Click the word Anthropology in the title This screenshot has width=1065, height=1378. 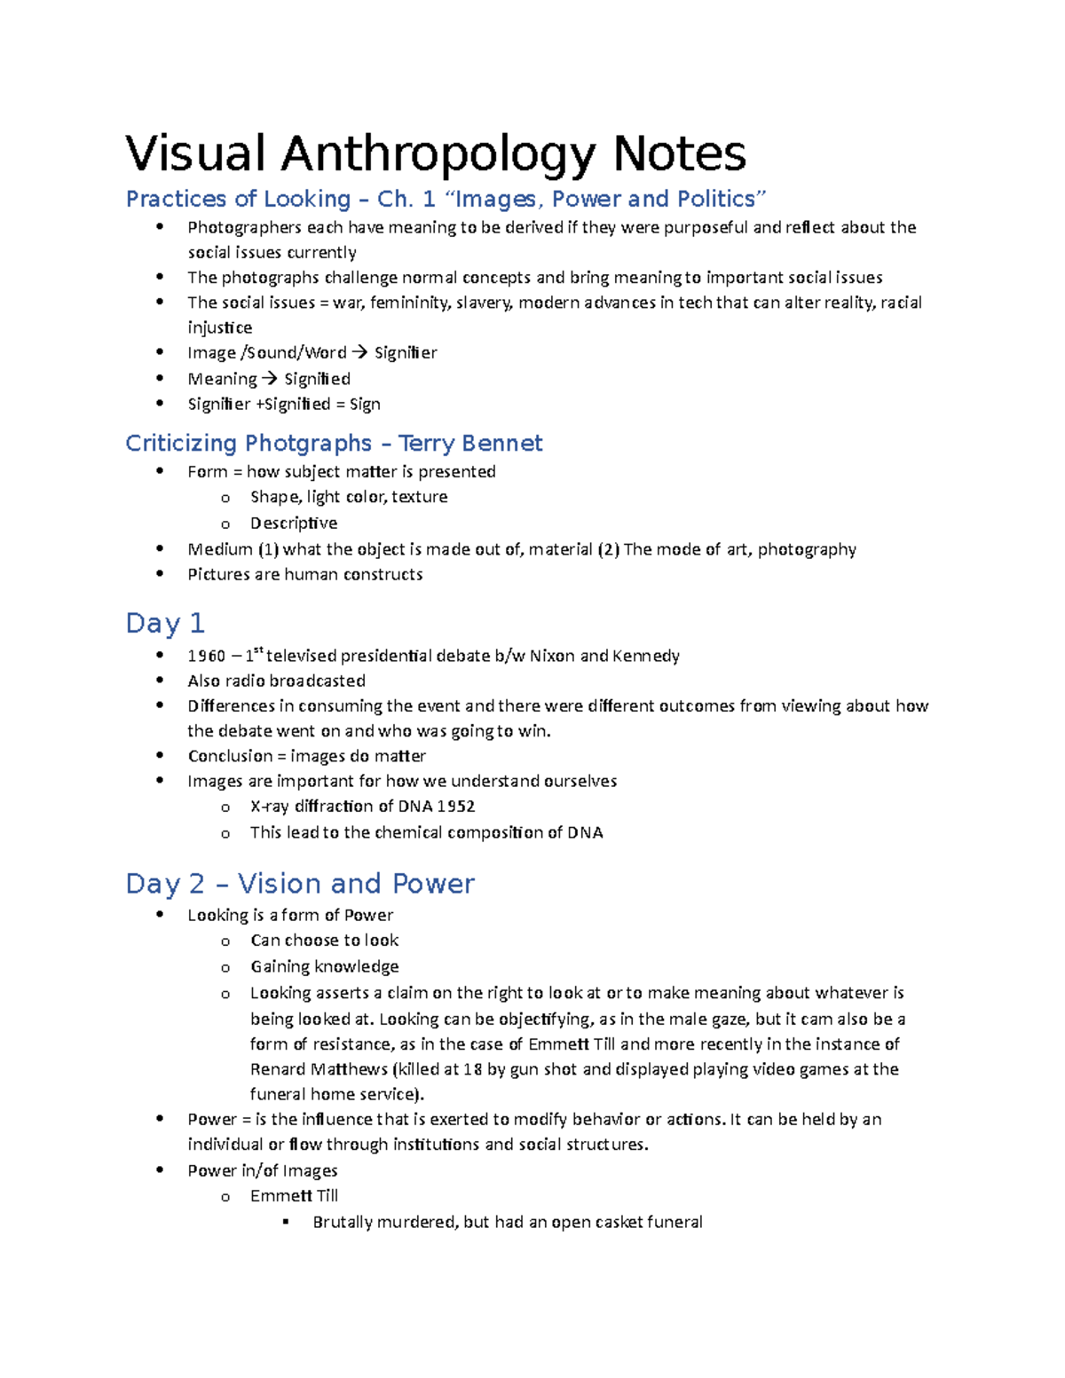(438, 154)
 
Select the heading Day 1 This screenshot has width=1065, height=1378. (165, 623)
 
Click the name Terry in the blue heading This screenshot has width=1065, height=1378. (430, 443)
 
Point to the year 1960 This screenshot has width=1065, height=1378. (207, 657)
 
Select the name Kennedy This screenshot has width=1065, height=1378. (646, 657)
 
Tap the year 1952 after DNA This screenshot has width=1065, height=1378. (455, 807)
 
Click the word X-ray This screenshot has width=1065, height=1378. (269, 807)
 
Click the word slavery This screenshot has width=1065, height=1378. (484, 303)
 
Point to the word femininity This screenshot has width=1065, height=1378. (409, 303)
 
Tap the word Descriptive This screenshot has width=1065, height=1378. (294, 524)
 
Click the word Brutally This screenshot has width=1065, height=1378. (342, 1223)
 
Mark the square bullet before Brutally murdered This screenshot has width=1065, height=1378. (286, 1222)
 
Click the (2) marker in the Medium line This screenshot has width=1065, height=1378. (608, 550)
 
